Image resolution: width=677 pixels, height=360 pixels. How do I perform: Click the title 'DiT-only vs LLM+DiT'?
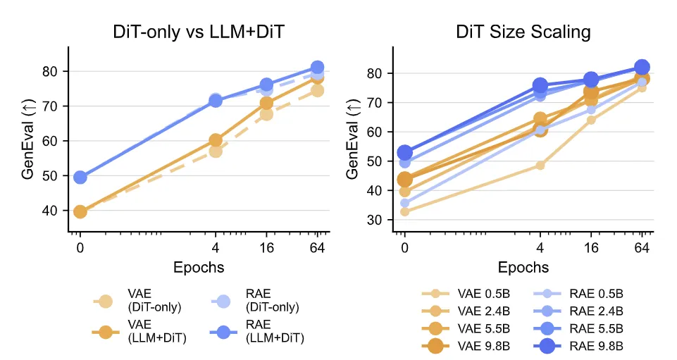[x=199, y=32]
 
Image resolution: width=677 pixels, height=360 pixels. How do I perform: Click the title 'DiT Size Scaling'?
[x=522, y=32]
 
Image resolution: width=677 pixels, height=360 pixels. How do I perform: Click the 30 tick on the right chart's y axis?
[x=378, y=220]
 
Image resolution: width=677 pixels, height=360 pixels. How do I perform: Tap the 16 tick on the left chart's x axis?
[x=266, y=247]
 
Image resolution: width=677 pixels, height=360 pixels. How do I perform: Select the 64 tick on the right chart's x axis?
[x=642, y=247]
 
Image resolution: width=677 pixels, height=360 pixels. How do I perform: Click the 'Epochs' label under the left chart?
[x=199, y=267]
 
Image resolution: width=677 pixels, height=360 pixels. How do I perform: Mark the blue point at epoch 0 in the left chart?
[x=80, y=177]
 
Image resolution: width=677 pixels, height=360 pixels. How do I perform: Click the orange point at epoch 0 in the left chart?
[x=80, y=211]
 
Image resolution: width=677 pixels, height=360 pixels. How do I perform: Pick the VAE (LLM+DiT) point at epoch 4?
[x=216, y=140]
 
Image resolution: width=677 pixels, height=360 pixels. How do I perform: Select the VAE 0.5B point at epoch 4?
[x=540, y=166]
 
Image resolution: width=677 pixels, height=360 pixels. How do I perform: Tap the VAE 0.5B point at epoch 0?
[x=404, y=211]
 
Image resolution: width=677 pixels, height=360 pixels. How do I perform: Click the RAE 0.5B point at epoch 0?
[x=404, y=203]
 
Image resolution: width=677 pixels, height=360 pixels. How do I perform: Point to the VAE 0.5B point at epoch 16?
[x=591, y=120]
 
